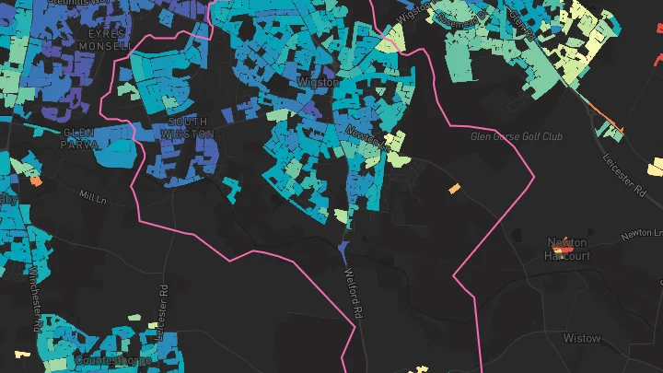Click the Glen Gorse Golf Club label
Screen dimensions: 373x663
pyautogui.click(x=516, y=136)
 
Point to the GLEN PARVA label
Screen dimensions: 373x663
pyautogui.click(x=79, y=138)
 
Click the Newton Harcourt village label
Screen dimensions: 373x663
pyautogui.click(x=568, y=249)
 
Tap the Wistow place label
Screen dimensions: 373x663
pyautogui.click(x=581, y=338)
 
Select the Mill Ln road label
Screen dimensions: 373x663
pyautogui.click(x=94, y=196)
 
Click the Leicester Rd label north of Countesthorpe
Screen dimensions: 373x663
pyautogui.click(x=164, y=310)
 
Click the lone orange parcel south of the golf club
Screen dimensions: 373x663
pyautogui.click(x=454, y=189)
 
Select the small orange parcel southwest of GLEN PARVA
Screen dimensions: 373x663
pyautogui.click(x=36, y=181)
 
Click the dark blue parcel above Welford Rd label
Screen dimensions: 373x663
pyautogui.click(x=343, y=249)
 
